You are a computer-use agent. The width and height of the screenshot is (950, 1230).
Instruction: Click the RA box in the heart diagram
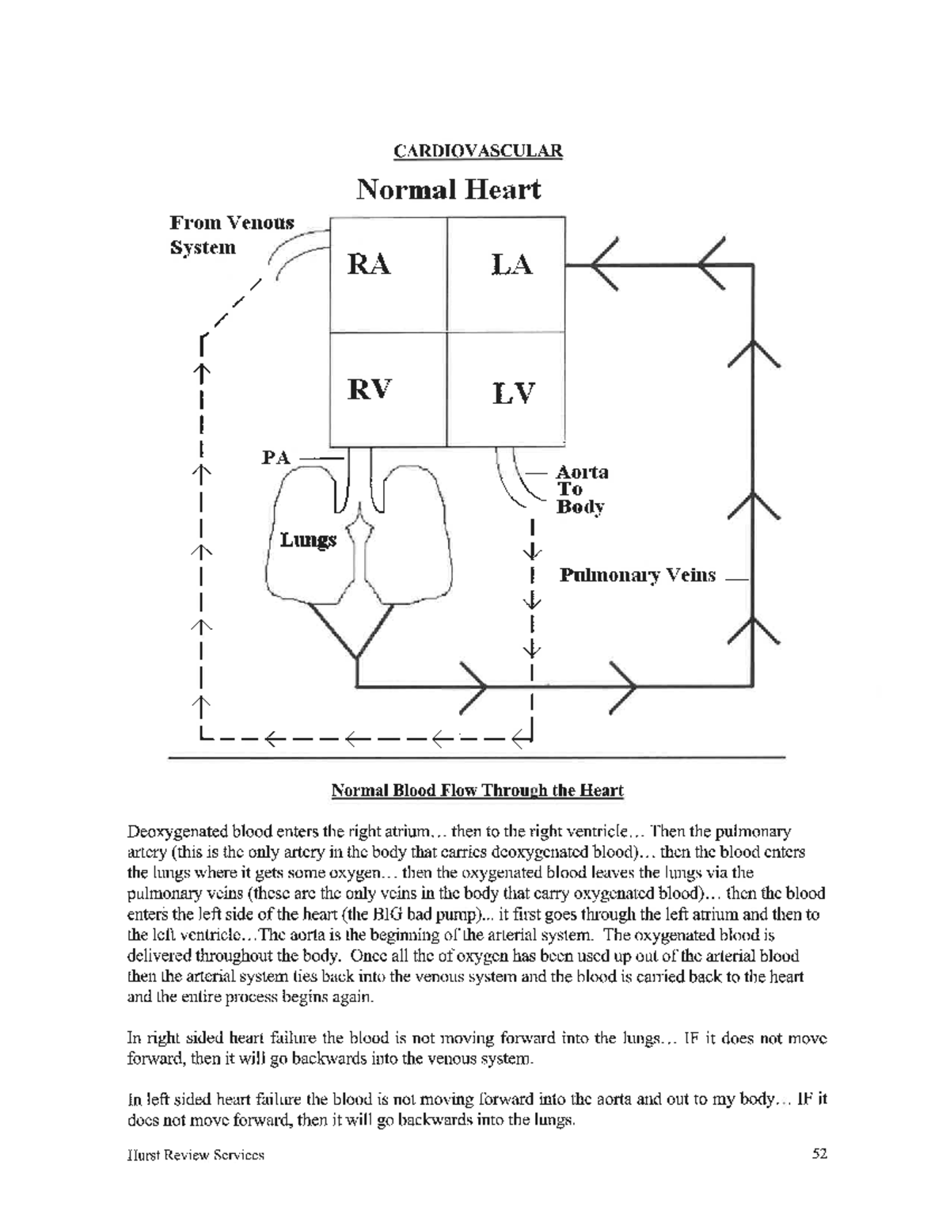point(388,275)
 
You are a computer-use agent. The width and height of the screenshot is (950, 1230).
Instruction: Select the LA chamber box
point(506,275)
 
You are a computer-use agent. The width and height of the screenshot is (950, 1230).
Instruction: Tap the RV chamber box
point(388,390)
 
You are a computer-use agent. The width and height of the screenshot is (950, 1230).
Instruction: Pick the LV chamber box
point(506,390)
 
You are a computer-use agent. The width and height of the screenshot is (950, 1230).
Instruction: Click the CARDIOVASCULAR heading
point(478,150)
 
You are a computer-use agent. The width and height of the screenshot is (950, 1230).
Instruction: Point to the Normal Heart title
point(448,190)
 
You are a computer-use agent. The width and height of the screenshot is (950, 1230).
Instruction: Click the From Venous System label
point(231,234)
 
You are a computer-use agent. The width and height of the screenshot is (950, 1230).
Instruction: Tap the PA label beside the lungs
point(276,458)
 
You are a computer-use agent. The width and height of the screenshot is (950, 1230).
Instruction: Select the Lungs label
point(308,540)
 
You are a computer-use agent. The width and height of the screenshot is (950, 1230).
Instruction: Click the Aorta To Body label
point(582,489)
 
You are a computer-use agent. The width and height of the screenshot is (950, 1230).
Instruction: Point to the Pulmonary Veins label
point(637,575)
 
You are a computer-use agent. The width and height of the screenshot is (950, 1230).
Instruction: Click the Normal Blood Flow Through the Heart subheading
point(477,790)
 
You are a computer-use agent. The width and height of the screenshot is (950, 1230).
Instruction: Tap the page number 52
point(819,1154)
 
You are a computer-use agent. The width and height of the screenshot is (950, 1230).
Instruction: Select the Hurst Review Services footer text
point(196,1155)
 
